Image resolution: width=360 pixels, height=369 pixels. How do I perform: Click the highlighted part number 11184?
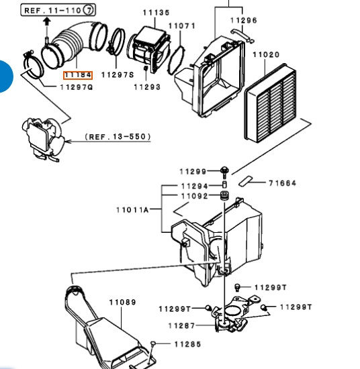pos(78,75)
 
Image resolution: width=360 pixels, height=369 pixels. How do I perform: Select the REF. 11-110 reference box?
pos(58,10)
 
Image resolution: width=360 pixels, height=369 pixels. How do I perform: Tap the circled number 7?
pos(89,10)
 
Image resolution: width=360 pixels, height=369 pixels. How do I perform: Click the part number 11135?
pos(156,13)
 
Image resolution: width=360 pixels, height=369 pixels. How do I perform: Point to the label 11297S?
pos(118,75)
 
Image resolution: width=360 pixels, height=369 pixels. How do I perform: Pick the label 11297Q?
pos(77,87)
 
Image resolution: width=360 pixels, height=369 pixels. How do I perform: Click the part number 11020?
pos(266,55)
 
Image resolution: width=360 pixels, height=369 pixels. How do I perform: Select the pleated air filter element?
pos(270,103)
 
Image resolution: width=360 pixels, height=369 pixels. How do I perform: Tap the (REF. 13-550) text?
pos(118,137)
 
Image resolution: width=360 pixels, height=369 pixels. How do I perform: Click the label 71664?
pos(282,183)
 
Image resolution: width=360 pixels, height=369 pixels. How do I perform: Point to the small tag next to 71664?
pos(245,181)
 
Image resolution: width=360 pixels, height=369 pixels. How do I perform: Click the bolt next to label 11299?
pos(224,172)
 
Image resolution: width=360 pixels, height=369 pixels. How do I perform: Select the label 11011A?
pos(132,210)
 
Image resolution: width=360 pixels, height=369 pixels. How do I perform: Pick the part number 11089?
pos(123,302)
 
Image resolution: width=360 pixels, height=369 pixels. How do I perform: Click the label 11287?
pos(181,326)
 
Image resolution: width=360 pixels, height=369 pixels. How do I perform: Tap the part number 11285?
pos(188,344)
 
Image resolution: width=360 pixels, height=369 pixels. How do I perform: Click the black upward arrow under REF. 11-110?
pos(47,21)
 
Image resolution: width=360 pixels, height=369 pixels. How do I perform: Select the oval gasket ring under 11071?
pos(176,60)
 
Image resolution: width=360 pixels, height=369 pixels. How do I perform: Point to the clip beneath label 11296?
pos(242,36)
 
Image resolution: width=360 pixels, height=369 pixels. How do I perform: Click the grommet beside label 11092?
pos(224,196)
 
